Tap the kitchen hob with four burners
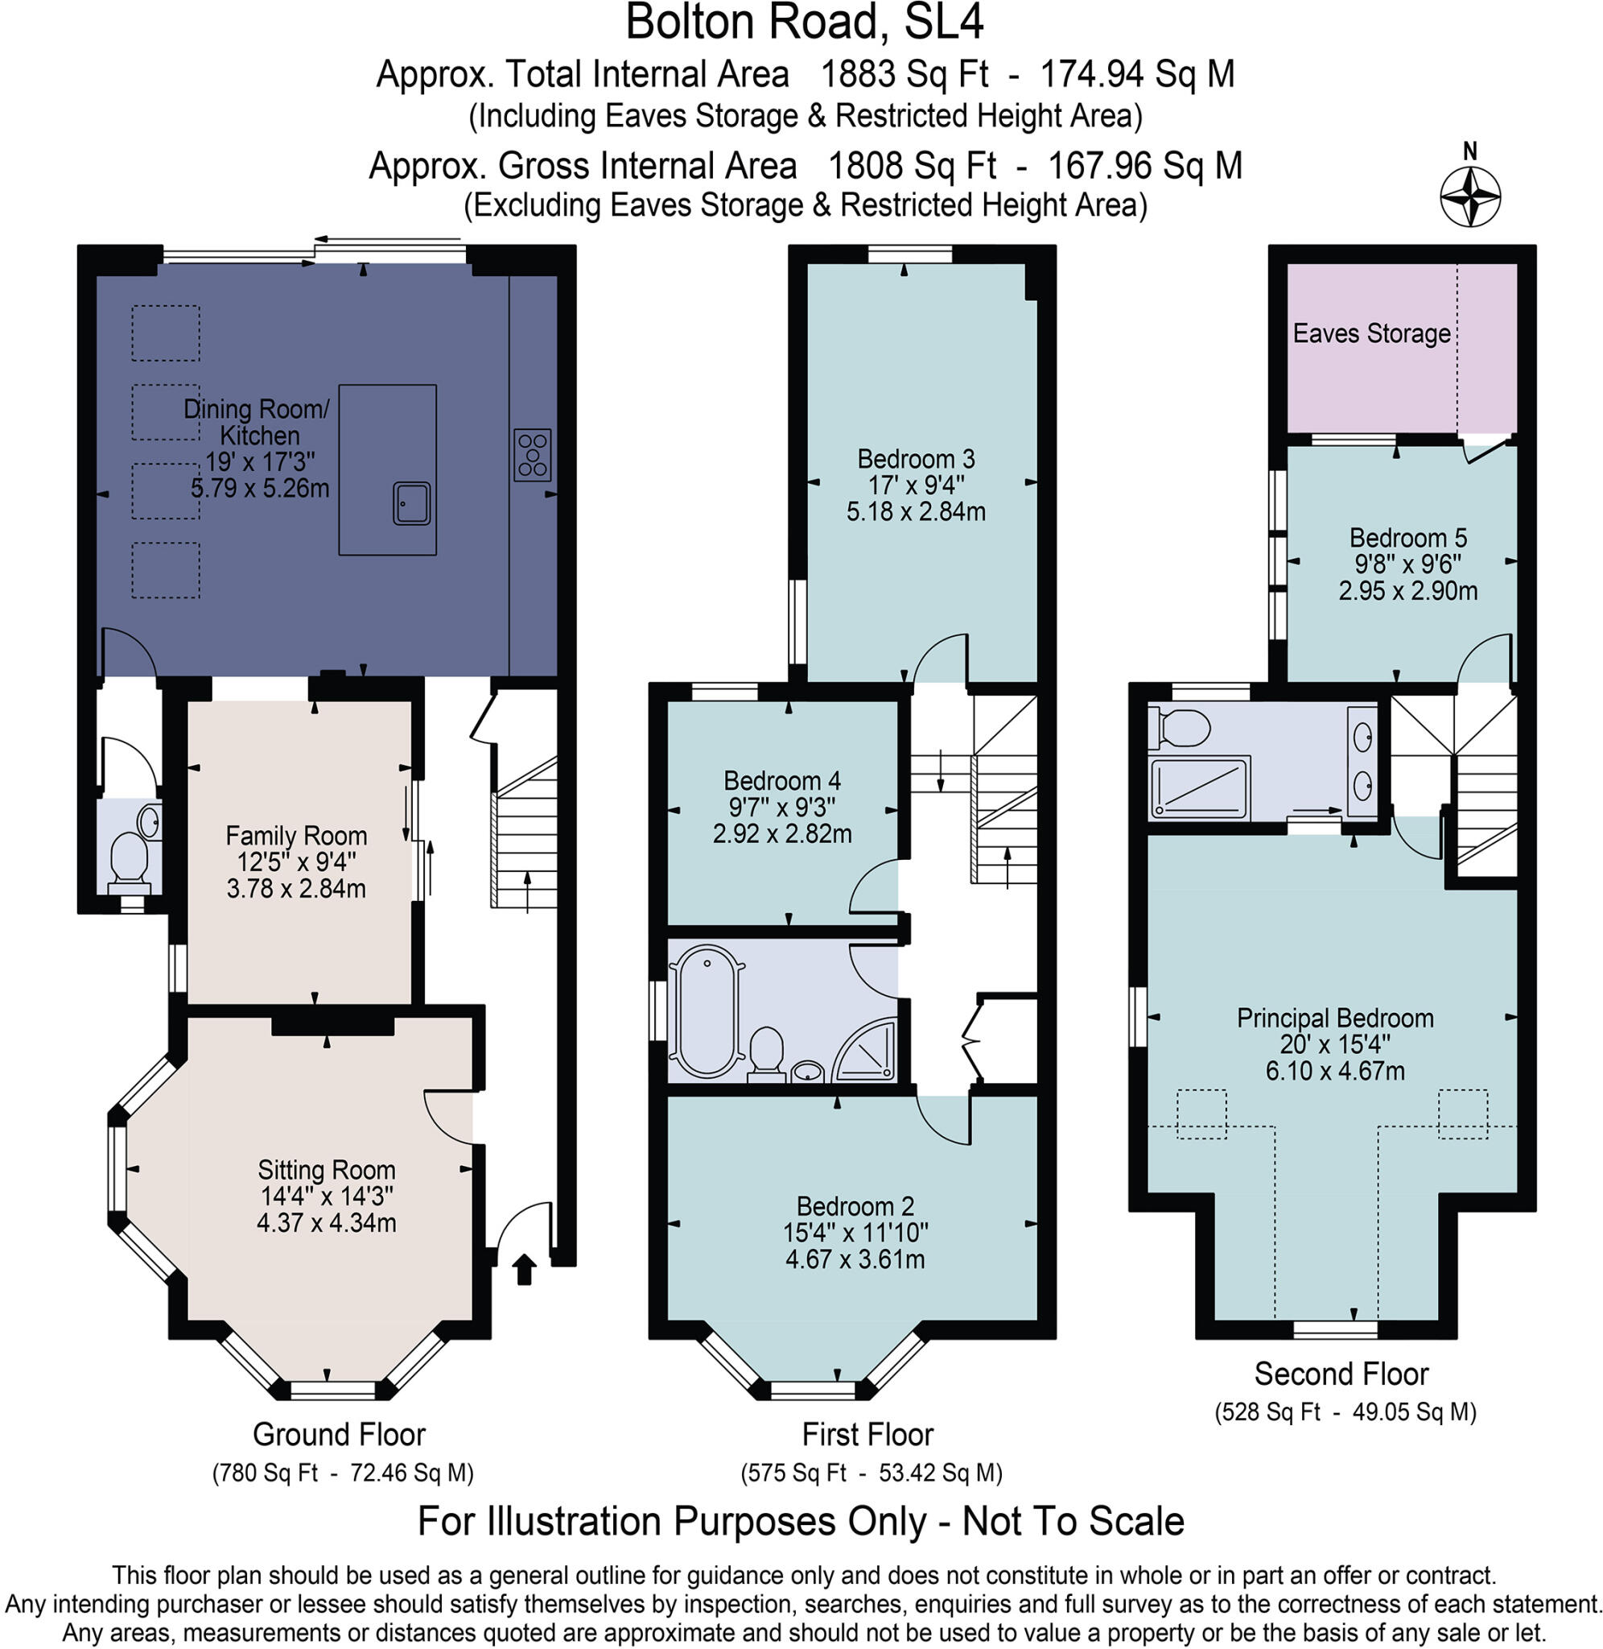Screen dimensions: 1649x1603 [x=532, y=455]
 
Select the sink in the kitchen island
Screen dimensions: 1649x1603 [x=411, y=503]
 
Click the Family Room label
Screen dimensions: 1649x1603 [x=296, y=836]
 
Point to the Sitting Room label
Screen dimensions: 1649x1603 [x=327, y=1170]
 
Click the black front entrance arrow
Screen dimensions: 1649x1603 [x=525, y=1268]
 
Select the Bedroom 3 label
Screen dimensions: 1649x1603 [x=916, y=459]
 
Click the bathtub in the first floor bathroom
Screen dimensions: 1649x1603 [x=707, y=1010]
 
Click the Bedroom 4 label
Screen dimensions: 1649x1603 [x=782, y=781]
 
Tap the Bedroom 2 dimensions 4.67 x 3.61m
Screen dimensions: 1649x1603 [x=855, y=1260]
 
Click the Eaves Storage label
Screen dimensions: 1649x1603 [x=1371, y=333]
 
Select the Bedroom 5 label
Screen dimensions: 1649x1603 [x=1407, y=537]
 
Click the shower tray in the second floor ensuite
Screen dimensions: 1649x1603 [x=1199, y=787]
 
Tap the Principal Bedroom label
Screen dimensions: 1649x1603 [x=1334, y=1019]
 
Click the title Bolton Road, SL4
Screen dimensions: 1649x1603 [x=804, y=23]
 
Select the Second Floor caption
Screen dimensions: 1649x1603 [x=1341, y=1374]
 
